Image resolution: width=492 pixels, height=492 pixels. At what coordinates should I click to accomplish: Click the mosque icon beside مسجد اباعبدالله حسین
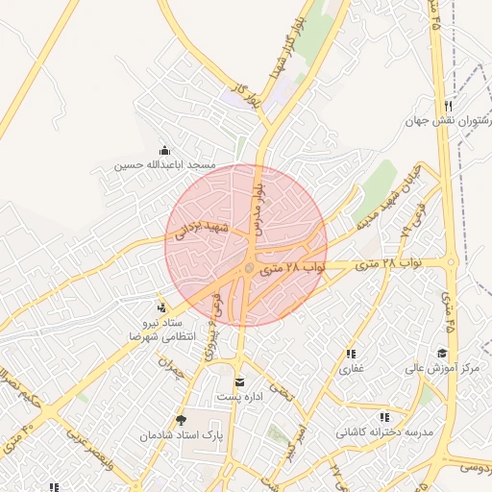(x=164, y=150)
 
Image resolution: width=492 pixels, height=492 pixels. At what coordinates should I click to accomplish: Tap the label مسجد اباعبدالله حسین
(x=164, y=164)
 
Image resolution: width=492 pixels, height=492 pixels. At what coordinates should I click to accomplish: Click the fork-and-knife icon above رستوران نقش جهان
(x=448, y=106)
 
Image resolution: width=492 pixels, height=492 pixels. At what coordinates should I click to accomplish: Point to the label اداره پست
(x=237, y=397)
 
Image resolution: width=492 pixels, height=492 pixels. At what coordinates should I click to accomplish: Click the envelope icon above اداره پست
(x=240, y=381)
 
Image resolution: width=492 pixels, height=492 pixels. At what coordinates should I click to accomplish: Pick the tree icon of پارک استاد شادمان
(x=181, y=420)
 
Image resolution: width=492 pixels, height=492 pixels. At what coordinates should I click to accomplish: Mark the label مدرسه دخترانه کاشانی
(x=384, y=432)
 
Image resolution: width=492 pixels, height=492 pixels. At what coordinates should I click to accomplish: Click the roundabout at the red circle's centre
(x=248, y=269)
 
